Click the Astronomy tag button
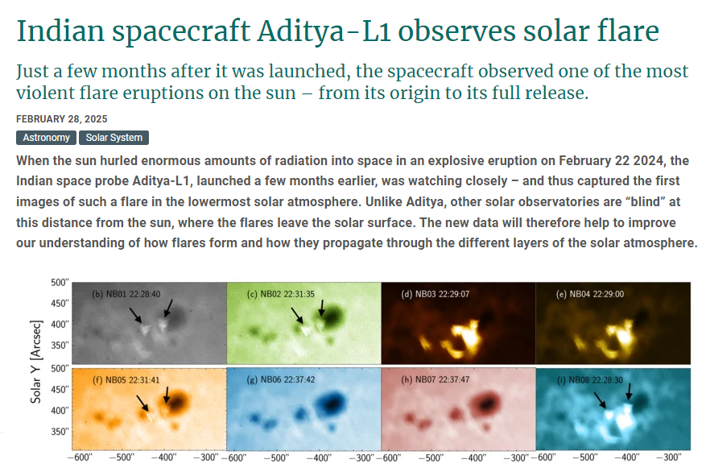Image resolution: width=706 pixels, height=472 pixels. pyautogui.click(x=46, y=138)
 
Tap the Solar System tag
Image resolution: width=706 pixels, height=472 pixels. pyautogui.click(x=114, y=138)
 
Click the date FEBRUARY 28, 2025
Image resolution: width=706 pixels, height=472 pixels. pyautogui.click(x=62, y=119)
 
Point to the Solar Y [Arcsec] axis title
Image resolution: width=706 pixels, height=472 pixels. pyautogui.click(x=36, y=362)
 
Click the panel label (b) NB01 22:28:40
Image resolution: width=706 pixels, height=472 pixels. pyautogui.click(x=126, y=294)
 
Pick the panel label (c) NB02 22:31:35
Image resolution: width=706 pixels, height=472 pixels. pyautogui.click(x=280, y=294)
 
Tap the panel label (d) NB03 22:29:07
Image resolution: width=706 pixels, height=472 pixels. pyautogui.click(x=435, y=294)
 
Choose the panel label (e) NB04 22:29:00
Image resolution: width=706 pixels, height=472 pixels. pyautogui.click(x=590, y=294)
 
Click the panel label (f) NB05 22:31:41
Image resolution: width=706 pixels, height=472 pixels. pyautogui.click(x=126, y=380)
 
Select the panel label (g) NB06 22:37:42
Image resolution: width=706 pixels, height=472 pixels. pyautogui.click(x=280, y=379)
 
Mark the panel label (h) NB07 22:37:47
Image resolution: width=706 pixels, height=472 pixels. pyautogui.click(x=435, y=379)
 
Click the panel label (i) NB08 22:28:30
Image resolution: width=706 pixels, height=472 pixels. pyautogui.click(x=590, y=380)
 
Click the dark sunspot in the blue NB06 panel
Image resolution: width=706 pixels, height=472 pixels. pyautogui.click(x=332, y=403)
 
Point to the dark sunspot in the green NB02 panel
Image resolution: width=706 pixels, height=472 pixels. pyautogui.click(x=332, y=317)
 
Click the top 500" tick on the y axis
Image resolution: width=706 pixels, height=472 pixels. pyautogui.click(x=60, y=283)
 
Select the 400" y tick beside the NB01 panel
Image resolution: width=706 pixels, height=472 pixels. pyautogui.click(x=60, y=325)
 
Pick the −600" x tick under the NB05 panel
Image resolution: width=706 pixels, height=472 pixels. pyautogui.click(x=79, y=458)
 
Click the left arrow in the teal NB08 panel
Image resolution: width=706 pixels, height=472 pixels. pyautogui.click(x=600, y=400)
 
